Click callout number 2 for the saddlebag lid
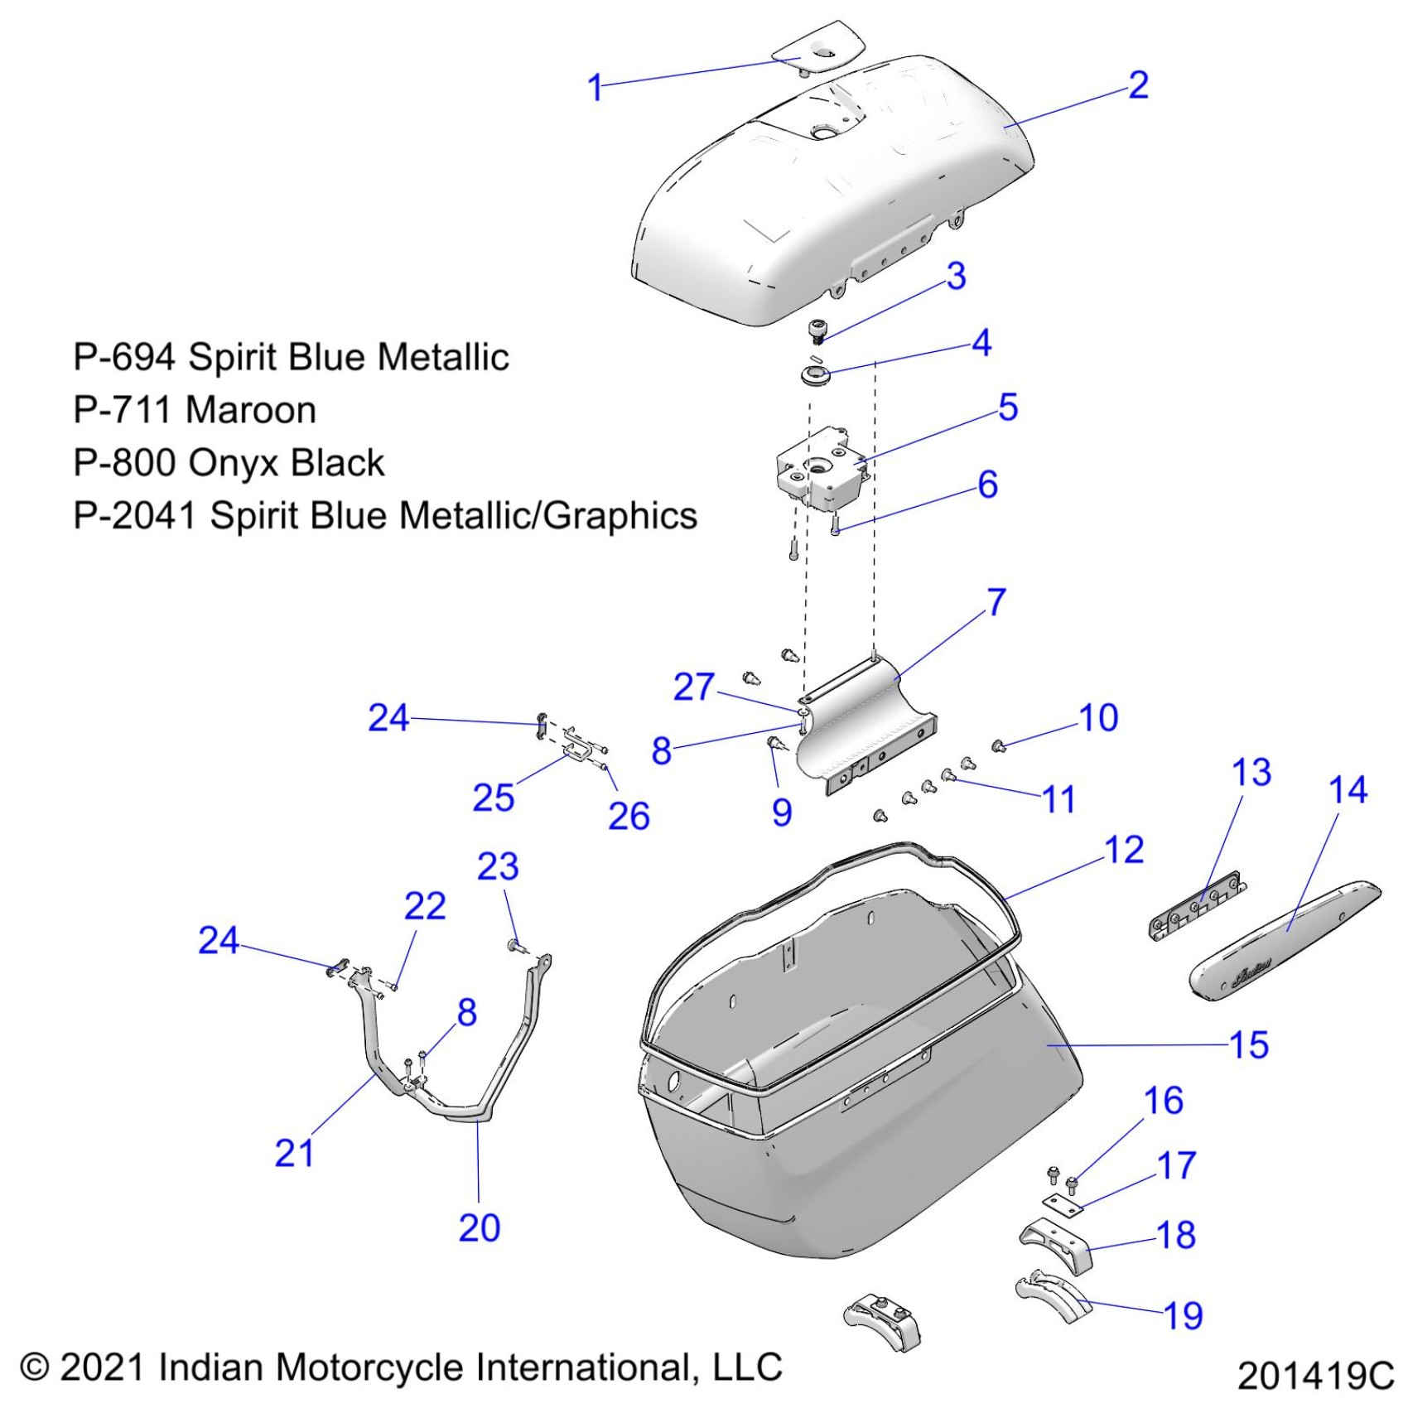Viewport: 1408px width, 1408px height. tap(1139, 85)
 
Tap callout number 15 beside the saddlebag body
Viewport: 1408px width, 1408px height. tap(1249, 1045)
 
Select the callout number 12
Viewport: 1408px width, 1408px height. tap(1125, 851)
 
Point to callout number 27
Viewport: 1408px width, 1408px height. tap(693, 687)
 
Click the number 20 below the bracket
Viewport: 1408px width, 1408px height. tap(480, 1227)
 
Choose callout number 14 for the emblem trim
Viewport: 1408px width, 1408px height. tap(1348, 790)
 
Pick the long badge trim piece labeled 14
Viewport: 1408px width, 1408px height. tap(1285, 937)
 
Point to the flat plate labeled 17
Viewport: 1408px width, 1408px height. tap(1063, 1206)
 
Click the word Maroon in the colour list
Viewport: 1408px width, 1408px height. tap(250, 411)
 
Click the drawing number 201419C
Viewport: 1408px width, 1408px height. tap(1316, 1376)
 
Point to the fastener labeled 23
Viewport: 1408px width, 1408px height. tap(516, 944)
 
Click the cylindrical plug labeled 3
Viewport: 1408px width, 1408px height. tap(818, 330)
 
